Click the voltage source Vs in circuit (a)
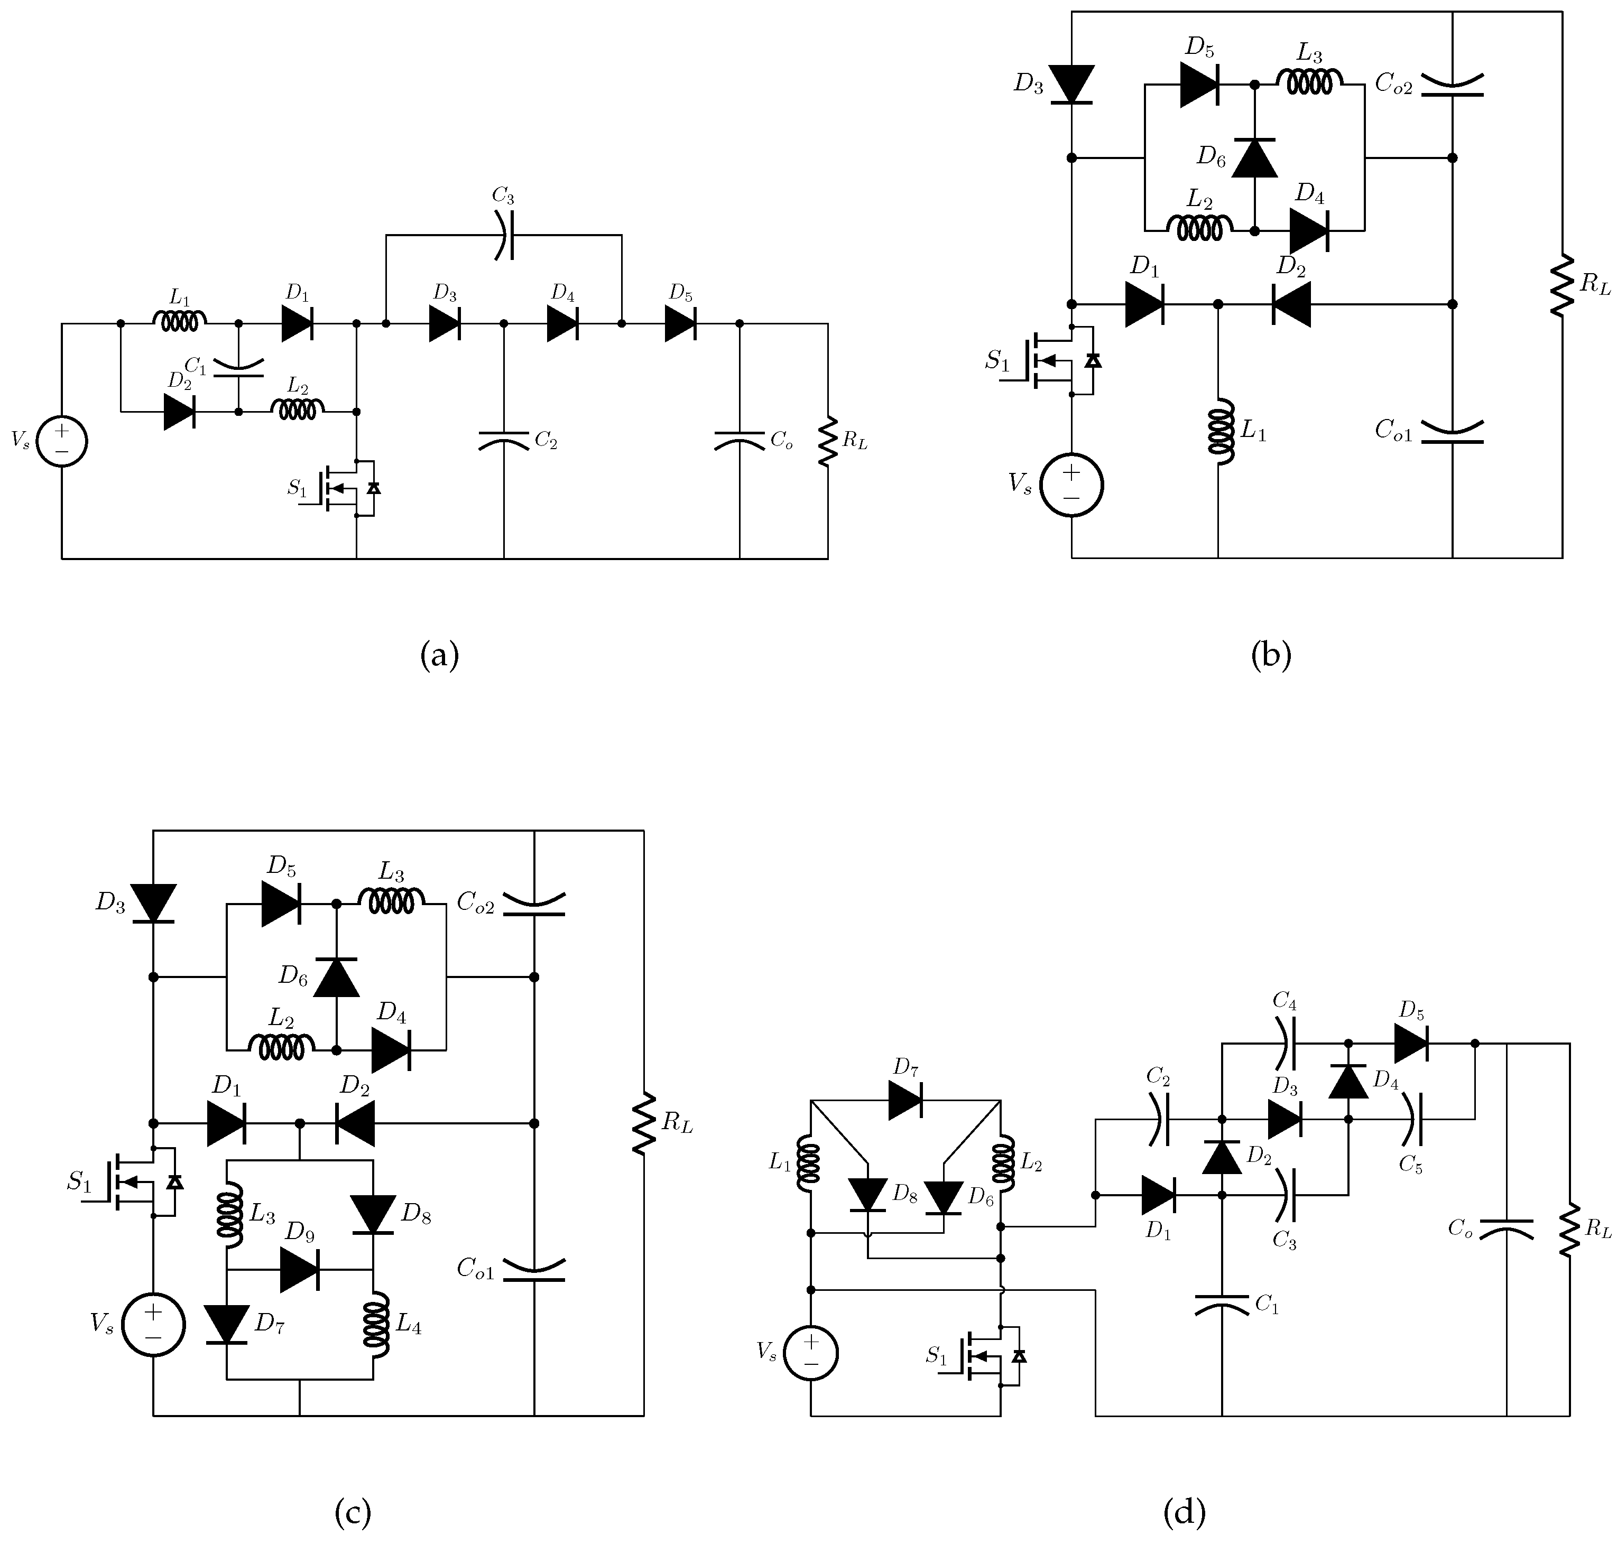(62, 442)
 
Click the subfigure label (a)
(439, 656)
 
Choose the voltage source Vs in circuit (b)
(1071, 485)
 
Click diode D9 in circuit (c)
(299, 1270)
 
